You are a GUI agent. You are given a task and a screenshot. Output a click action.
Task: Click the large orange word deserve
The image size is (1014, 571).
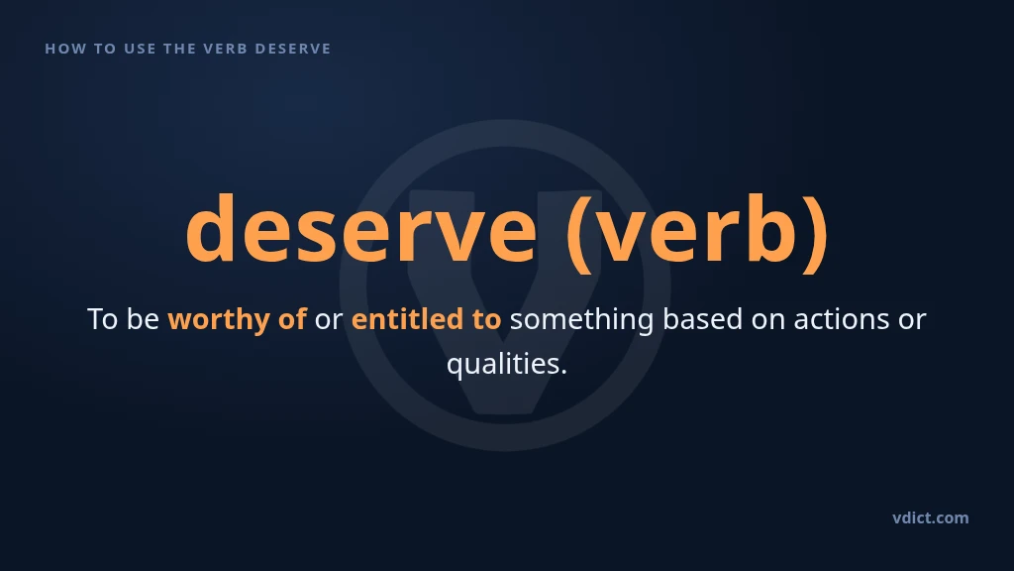click(x=360, y=229)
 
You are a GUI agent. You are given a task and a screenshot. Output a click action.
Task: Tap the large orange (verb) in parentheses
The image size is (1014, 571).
click(x=697, y=232)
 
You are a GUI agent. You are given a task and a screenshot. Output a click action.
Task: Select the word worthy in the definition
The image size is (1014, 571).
click(x=219, y=320)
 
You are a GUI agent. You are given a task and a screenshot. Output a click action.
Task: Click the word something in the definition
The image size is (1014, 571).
click(x=582, y=320)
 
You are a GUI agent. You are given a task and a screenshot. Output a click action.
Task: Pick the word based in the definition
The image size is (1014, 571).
click(x=703, y=318)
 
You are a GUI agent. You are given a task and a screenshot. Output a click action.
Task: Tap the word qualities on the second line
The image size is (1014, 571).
click(x=506, y=364)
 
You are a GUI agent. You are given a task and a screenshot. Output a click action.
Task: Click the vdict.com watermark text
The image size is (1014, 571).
click(x=931, y=517)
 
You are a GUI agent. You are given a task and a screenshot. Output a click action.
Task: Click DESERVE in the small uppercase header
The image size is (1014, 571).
click(x=293, y=49)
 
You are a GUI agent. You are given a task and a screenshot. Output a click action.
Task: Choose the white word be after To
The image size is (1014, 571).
click(x=143, y=318)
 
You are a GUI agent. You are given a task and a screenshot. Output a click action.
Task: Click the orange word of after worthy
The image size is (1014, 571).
click(x=292, y=318)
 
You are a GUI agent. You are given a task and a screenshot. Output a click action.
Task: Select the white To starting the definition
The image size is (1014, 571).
click(x=102, y=319)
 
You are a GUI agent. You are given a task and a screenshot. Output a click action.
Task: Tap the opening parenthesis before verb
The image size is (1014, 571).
click(x=578, y=233)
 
